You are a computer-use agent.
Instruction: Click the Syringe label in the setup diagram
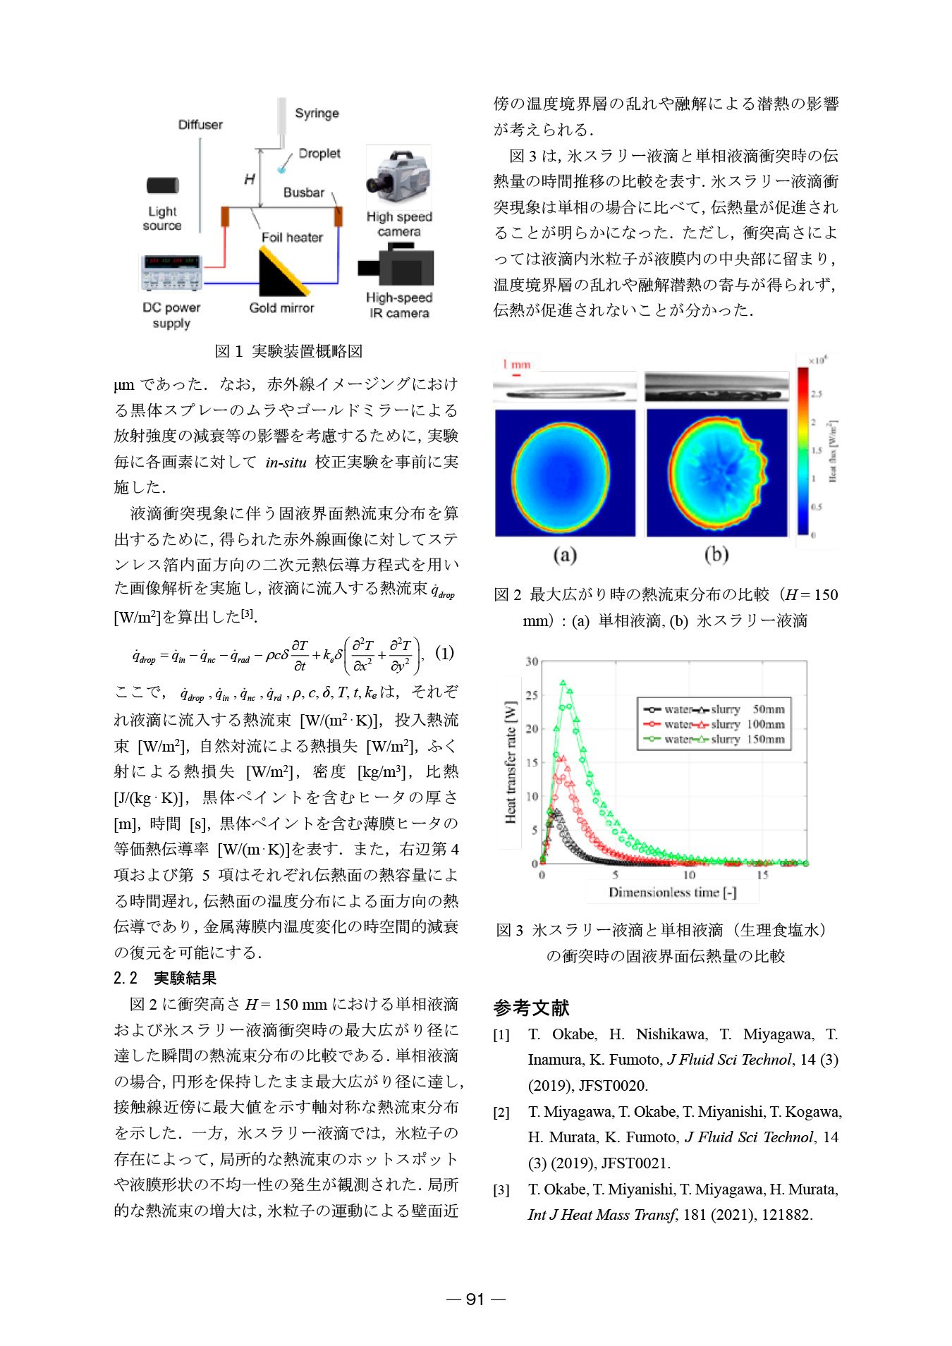316,114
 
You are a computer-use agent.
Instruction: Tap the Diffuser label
200,125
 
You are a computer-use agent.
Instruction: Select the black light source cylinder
162,185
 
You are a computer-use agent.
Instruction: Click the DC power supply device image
171,273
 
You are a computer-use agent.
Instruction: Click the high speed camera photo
398,176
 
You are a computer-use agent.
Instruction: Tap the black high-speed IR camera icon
396,266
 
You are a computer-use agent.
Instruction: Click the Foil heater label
292,238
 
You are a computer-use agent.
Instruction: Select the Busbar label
304,192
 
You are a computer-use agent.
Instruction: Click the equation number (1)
444,652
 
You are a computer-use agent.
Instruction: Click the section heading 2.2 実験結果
165,978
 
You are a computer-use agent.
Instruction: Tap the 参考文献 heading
531,1008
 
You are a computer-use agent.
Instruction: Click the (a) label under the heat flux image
565,555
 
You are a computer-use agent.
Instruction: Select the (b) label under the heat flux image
716,555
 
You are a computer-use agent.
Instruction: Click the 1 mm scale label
517,365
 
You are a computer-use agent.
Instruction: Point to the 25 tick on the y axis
532,695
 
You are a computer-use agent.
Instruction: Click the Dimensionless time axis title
672,893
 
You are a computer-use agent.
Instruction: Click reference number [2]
501,1113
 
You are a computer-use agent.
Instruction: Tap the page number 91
476,1299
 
